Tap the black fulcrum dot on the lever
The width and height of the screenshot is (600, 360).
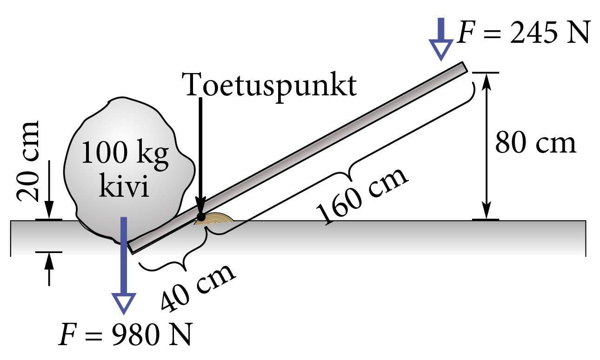(201, 217)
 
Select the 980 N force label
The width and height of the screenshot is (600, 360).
(125, 335)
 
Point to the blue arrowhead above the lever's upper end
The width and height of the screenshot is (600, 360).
(440, 49)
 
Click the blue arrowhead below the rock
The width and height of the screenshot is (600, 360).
(124, 304)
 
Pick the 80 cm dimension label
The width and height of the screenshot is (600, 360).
(535, 143)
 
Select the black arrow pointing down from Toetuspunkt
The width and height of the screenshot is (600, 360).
(200, 153)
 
